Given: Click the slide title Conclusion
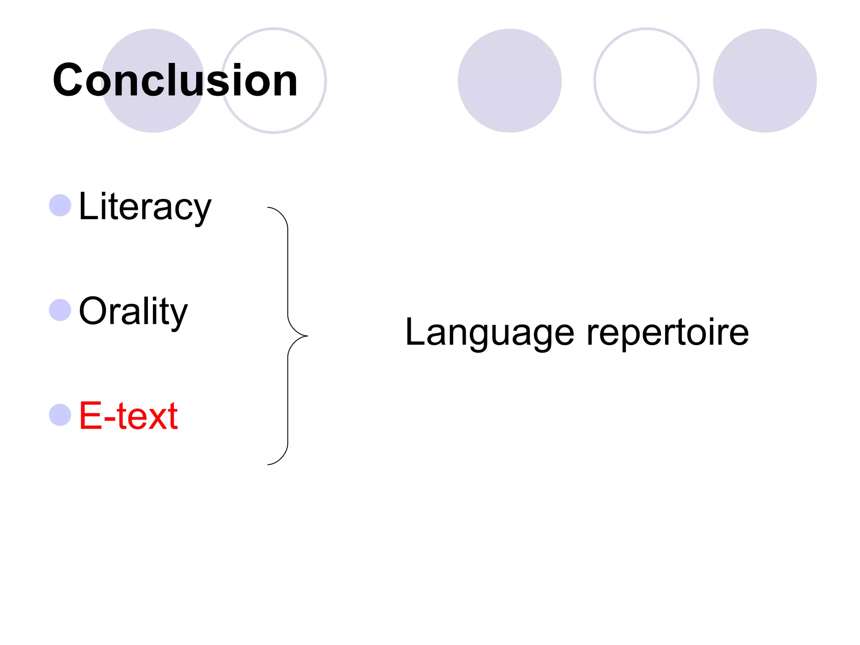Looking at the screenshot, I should point(175,80).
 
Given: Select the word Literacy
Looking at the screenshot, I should point(145,206).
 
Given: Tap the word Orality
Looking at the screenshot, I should point(133,311).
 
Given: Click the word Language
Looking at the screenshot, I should point(489,333).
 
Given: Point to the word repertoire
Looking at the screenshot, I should point(667,333).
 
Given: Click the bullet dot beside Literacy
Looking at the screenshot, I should point(60,205).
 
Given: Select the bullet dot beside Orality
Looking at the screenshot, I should point(60,310).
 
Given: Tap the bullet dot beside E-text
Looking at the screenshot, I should point(60,415).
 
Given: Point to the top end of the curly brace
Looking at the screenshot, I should point(268,207).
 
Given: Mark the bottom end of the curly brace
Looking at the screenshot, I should point(268,464).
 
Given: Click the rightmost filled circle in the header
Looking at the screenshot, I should point(765,81).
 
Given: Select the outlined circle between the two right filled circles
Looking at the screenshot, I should point(646,81).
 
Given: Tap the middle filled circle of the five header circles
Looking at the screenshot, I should point(509,81).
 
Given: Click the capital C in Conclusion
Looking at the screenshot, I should point(68,80).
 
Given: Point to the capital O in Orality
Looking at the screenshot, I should point(92,311).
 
